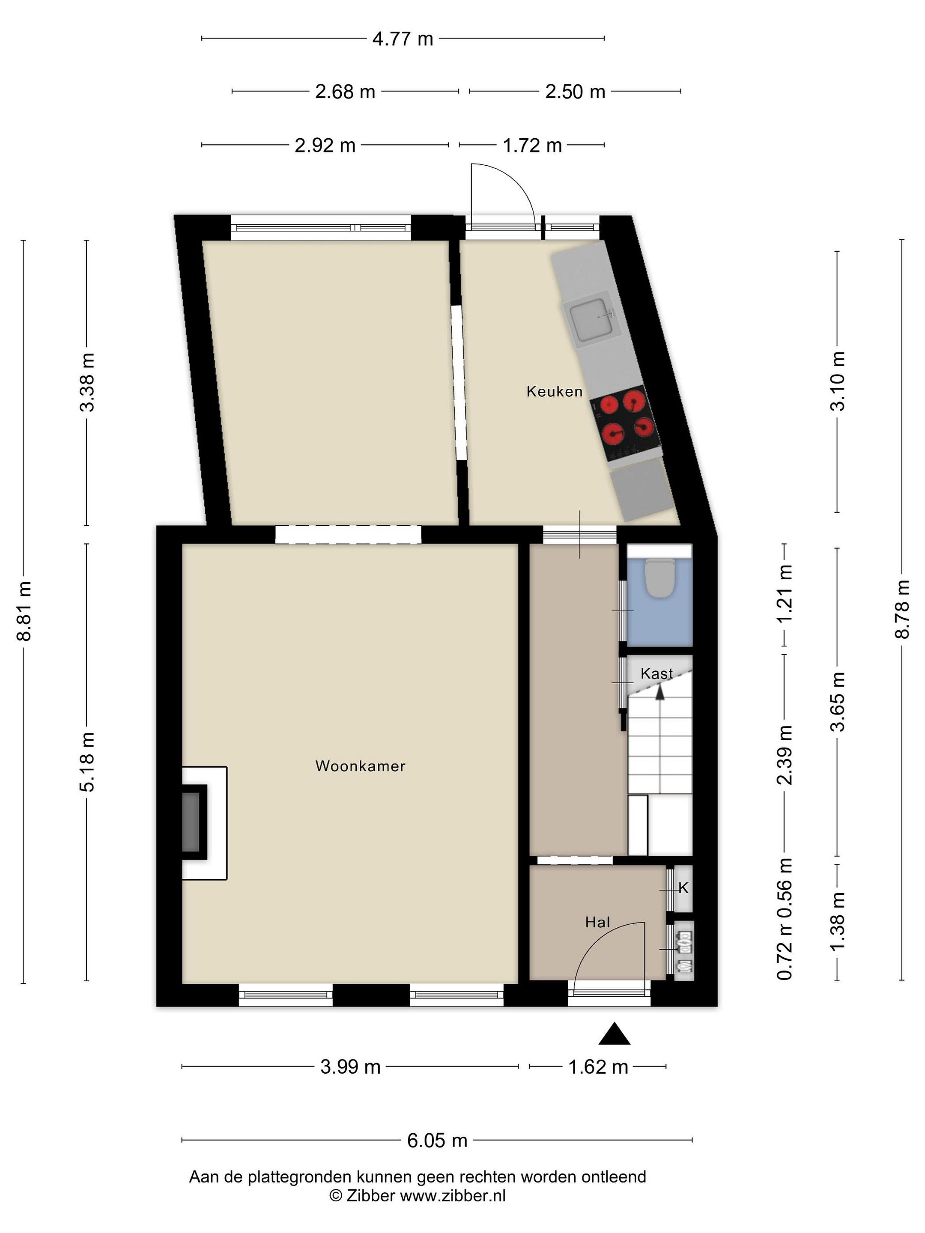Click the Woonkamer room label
pyautogui.click(x=360, y=766)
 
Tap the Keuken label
pyautogui.click(x=554, y=391)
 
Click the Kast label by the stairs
pyautogui.click(x=657, y=673)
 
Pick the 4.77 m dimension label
pyautogui.click(x=403, y=39)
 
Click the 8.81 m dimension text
pyautogui.click(x=25, y=611)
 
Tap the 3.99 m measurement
pyautogui.click(x=351, y=1066)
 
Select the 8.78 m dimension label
pyautogui.click(x=903, y=609)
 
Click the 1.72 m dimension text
pyautogui.click(x=532, y=146)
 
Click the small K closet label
pyautogui.click(x=683, y=888)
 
